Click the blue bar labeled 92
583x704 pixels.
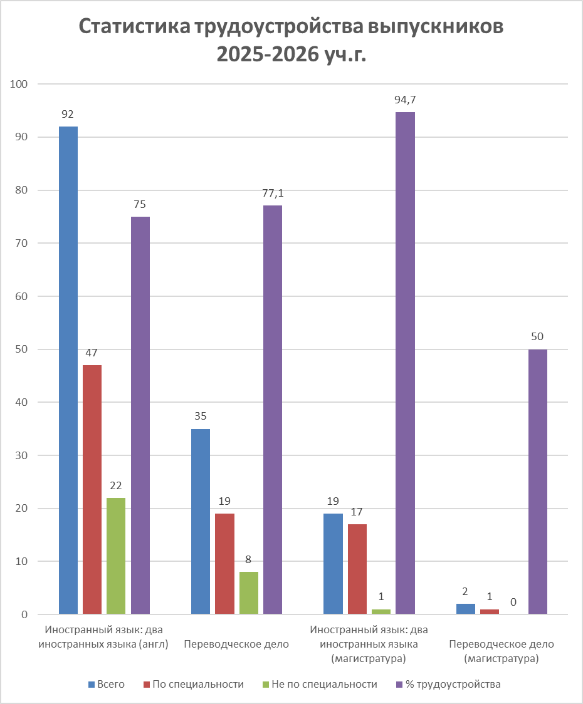coord(68,370)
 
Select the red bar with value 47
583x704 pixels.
coord(92,489)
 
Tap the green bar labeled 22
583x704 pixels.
coord(116,556)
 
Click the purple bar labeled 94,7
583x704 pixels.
coord(405,363)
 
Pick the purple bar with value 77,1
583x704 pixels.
coord(273,410)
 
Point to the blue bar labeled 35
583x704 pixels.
coord(201,521)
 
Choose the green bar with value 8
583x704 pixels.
coord(249,593)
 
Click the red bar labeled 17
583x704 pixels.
coord(357,569)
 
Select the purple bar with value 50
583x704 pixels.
coord(538,481)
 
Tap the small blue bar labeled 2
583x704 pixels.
coord(465,609)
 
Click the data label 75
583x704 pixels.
coord(140,205)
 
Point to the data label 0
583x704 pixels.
coord(513,602)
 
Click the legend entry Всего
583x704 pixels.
coord(107,684)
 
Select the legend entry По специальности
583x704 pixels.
coord(193,684)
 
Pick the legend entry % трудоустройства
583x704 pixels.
coord(448,684)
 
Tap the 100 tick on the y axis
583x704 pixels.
coord(18,84)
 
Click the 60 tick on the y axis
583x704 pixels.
coord(21,296)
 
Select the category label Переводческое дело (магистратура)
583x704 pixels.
coord(501,651)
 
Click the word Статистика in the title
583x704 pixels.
coord(134,27)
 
